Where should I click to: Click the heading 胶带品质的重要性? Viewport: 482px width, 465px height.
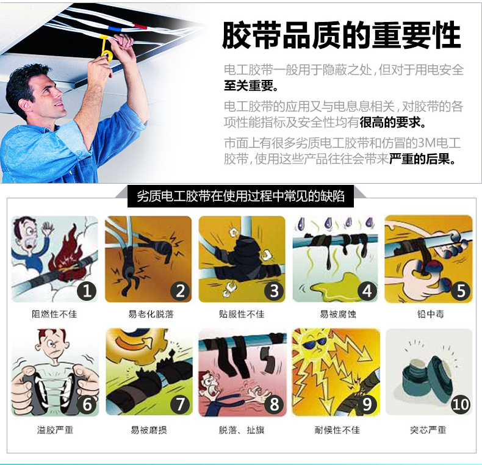click(341, 35)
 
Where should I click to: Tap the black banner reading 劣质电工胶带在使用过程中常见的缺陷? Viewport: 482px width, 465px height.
click(240, 196)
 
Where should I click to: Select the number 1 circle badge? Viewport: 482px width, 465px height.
click(87, 291)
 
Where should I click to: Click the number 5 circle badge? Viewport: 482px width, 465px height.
click(461, 291)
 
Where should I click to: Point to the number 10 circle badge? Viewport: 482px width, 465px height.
click(461, 404)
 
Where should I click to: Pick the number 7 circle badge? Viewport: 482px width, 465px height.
click(180, 404)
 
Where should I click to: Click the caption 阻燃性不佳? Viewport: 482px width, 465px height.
click(54, 314)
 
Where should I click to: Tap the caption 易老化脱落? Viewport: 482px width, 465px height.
click(151, 314)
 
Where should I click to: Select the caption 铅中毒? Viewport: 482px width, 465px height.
click(430, 314)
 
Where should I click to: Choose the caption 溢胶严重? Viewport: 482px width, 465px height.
click(55, 430)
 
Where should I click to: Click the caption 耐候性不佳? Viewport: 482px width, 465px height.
click(337, 430)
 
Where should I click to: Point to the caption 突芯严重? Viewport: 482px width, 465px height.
click(428, 430)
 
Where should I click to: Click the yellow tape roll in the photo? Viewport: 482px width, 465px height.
click(106, 49)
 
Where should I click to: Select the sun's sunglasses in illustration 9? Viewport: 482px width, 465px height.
click(314, 343)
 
